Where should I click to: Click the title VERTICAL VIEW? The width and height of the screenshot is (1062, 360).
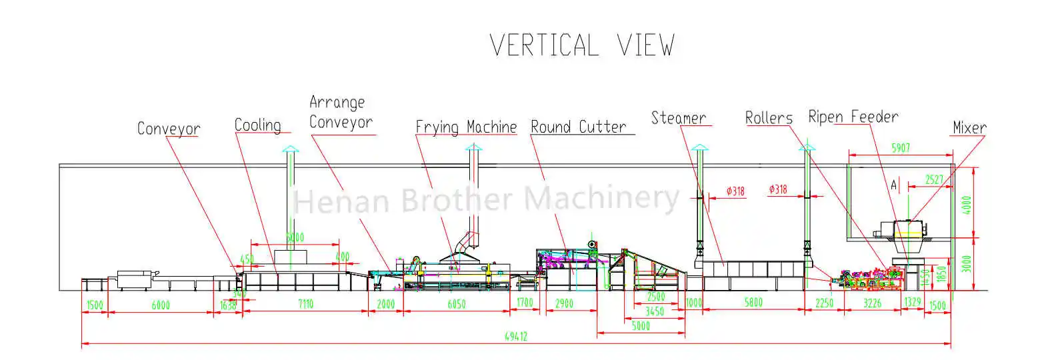582,45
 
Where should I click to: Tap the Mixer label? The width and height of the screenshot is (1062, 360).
969,127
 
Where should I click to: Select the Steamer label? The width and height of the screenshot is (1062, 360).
678,118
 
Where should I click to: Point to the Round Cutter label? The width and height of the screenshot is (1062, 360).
579,127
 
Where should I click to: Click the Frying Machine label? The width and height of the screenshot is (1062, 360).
466,127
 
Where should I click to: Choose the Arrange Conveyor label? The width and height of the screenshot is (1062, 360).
341,113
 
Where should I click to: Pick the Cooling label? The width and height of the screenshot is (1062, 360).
257,125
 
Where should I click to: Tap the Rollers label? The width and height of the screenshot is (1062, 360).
769,118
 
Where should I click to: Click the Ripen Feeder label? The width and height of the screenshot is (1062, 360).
853,117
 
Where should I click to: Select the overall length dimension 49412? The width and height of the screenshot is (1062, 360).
515,337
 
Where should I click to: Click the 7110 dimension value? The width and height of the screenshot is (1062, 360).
305,304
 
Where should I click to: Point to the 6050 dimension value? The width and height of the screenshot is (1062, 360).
457,304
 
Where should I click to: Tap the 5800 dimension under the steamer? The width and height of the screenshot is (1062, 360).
753,303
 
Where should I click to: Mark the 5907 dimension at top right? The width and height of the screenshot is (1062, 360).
901,148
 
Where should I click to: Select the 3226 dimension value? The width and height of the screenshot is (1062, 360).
872,303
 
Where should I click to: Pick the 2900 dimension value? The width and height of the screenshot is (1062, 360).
564,303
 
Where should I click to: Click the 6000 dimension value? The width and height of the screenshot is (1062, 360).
161,305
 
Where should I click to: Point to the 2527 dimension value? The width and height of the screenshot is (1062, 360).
934,179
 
